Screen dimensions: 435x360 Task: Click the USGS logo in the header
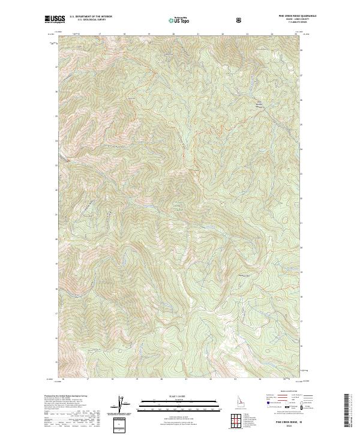click(55, 20)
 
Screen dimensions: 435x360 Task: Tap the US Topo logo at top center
click(179, 20)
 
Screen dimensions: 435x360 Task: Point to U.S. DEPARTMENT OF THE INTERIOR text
click(91, 17)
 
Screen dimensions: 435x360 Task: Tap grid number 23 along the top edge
click(247, 34)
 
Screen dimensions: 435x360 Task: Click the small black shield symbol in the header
click(239, 20)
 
